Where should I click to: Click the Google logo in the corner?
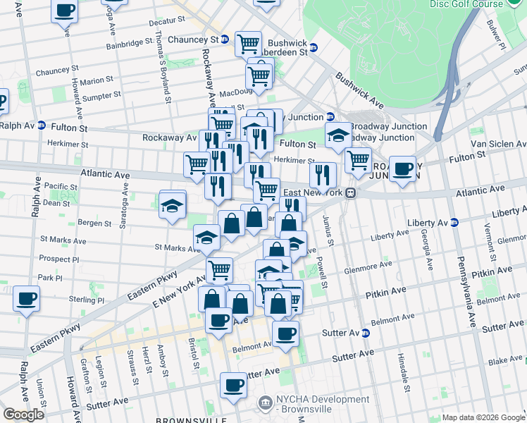click(x=24, y=415)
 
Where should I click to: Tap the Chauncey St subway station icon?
click(x=224, y=39)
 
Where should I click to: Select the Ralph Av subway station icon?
click(x=42, y=126)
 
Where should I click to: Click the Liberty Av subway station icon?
click(x=454, y=222)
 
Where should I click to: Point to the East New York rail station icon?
click(x=349, y=192)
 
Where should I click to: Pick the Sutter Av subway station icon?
click(x=366, y=332)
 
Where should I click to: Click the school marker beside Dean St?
click(x=172, y=206)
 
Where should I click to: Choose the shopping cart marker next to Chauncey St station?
click(x=248, y=44)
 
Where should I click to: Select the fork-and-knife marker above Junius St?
click(x=323, y=174)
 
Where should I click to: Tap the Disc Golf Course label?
click(x=466, y=4)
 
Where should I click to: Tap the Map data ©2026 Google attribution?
click(x=483, y=417)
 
